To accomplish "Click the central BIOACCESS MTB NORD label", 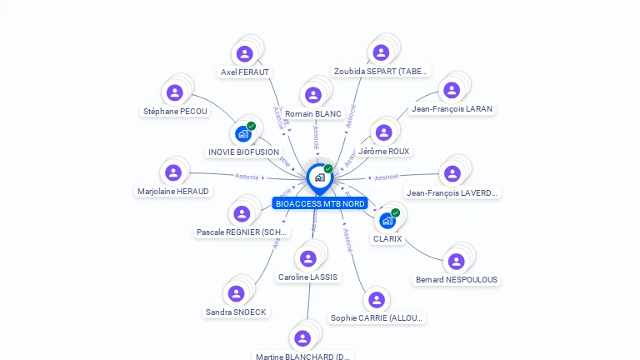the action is (x=320, y=203).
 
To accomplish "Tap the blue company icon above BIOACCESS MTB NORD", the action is (x=319, y=177).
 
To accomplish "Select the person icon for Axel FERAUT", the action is (x=244, y=54).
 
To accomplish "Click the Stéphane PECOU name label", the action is (x=175, y=111).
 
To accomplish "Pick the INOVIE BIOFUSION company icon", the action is (x=243, y=133).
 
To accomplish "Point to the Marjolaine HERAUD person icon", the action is (x=173, y=172).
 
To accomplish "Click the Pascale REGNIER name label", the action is (x=242, y=232).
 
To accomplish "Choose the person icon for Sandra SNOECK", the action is (x=237, y=293).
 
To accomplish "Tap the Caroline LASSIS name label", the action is (x=308, y=277).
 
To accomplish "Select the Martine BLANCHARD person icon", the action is (x=302, y=338).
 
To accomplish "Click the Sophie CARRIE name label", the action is (x=377, y=317).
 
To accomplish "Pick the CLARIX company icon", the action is (x=387, y=220).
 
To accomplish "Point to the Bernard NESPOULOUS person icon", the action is (x=456, y=262).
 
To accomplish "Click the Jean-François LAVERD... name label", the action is (x=452, y=193).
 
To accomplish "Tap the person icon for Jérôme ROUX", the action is (x=383, y=132).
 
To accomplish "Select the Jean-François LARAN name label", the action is (x=452, y=108).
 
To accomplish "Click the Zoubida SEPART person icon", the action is (x=381, y=52).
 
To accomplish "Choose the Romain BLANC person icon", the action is (x=313, y=95).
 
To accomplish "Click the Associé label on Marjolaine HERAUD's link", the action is (x=247, y=176).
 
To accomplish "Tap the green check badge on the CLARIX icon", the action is (x=396, y=212).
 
